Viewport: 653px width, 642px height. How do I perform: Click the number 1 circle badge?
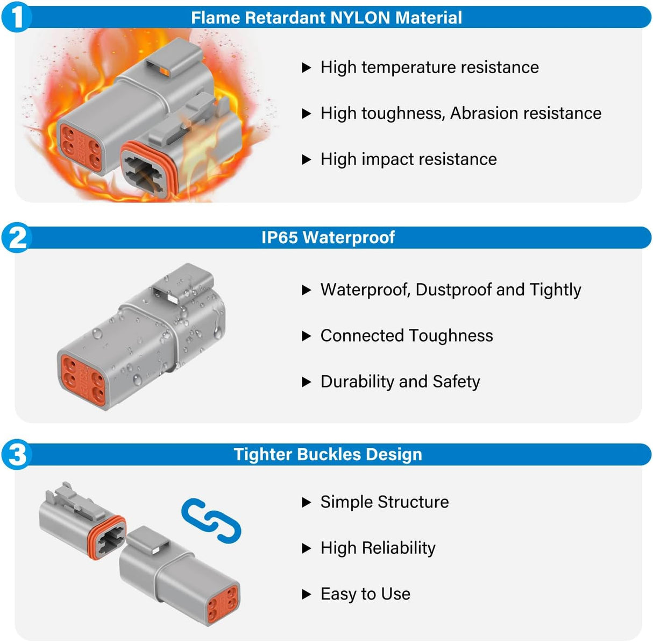17,17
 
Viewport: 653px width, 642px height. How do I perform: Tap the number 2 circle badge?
17,237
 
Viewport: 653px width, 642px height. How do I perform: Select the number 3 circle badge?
17,454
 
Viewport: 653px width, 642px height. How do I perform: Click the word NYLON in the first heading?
360,18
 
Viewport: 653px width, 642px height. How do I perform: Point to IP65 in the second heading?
279,237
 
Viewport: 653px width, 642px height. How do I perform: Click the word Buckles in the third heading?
329,454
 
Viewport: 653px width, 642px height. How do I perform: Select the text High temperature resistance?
429,67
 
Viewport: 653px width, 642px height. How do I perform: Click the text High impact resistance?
408,159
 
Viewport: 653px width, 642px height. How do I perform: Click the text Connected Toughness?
406,336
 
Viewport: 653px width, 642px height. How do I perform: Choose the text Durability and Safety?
400,382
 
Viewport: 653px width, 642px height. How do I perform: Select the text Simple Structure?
384,502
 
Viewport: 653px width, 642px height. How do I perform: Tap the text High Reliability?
378,548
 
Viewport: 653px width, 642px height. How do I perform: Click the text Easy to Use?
365,594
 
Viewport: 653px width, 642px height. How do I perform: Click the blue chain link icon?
211,520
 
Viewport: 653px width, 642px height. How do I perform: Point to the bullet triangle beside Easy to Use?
307,595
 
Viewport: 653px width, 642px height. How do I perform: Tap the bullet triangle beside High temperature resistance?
307,68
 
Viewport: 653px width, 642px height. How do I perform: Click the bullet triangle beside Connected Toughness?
307,336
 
